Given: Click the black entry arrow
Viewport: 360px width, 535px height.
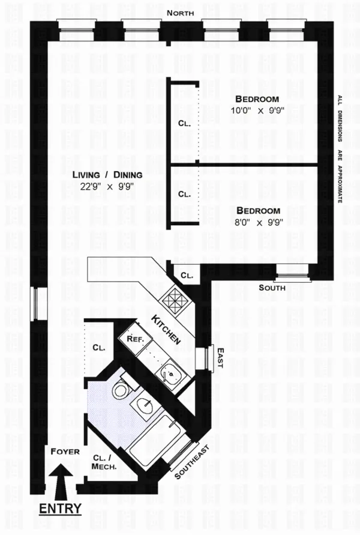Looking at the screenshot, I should click(62, 480).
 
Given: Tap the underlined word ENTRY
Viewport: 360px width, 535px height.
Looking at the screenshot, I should click(60, 509).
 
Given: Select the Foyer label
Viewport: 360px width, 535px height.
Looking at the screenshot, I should click(65, 451).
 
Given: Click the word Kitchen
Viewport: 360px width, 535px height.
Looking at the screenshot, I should click(166, 329).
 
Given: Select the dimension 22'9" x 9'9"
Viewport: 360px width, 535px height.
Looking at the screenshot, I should click(107, 186).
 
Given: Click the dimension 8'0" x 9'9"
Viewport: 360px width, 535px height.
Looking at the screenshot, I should click(257, 222).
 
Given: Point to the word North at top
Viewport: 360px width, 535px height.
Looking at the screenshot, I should click(181, 12).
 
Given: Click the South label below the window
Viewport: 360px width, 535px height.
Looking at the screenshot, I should click(272, 288).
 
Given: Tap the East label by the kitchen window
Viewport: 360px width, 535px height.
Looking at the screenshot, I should click(220, 357).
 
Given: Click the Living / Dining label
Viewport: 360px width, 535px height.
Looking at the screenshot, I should click(107, 175).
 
